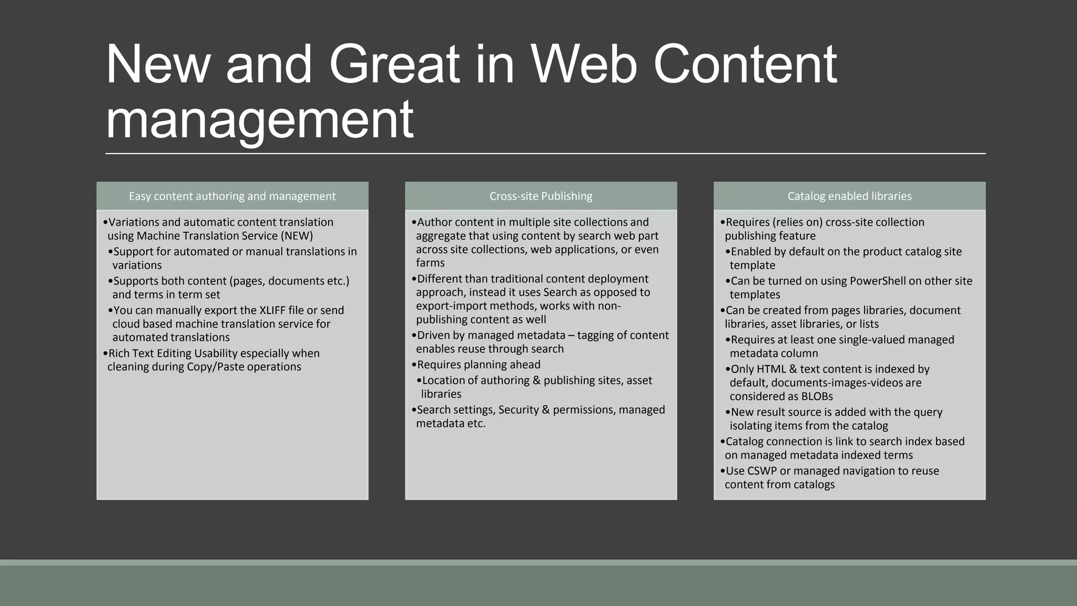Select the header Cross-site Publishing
coord(541,196)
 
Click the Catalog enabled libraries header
coord(849,196)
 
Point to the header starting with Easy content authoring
coord(232,196)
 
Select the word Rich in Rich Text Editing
coord(119,353)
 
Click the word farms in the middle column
coord(430,263)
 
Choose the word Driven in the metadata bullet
coord(433,336)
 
